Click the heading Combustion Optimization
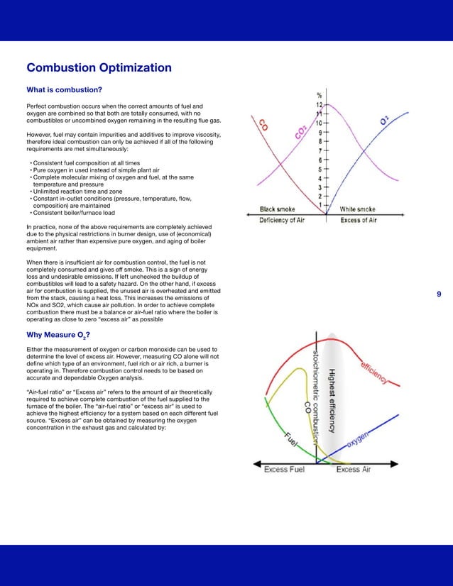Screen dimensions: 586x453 (99, 68)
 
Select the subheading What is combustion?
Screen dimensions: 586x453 (64, 90)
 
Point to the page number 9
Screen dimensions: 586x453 (438, 294)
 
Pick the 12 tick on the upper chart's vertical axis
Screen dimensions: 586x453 (320, 104)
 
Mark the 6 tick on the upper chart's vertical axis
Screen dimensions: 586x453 (320, 160)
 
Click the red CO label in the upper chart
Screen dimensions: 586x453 (263, 125)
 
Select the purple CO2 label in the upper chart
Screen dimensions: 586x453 (301, 132)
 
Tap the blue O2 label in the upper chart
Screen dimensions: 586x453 (384, 122)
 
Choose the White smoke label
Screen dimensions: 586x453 (359, 209)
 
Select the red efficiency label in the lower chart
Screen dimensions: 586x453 (373, 372)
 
